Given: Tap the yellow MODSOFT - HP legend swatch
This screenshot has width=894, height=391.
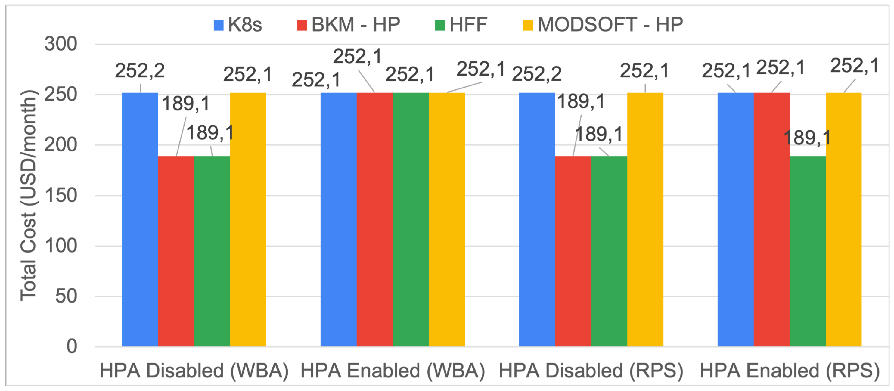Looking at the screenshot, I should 527,25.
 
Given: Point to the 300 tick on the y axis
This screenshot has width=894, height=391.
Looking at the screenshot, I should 61,45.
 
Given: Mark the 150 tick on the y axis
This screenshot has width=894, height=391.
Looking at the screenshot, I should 61,195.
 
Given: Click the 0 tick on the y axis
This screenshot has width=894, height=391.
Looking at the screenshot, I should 72,346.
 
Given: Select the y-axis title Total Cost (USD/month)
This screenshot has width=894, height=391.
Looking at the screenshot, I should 29,195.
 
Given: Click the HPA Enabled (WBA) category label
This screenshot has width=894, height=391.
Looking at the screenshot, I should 393,371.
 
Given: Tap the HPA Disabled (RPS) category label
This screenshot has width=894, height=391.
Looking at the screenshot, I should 591,371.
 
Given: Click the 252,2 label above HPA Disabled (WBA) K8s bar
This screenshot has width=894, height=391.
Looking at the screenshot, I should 140,71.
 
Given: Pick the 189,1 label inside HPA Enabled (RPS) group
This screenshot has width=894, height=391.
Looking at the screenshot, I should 808,138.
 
